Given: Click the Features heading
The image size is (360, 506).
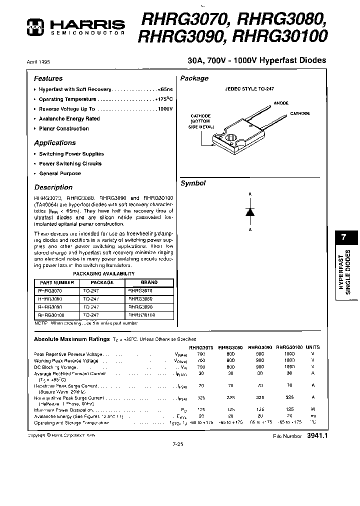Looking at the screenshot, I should [x=48, y=78].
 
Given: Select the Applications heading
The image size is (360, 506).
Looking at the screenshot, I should [x=54, y=143].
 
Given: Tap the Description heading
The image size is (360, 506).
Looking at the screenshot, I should [x=53, y=187].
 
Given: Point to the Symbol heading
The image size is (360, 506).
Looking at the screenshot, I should [x=193, y=183].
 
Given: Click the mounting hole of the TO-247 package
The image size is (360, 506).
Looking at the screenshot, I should [x=232, y=136].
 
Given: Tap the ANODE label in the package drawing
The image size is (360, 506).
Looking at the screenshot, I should [x=281, y=103].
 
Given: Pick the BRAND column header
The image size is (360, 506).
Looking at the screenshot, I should [x=149, y=282].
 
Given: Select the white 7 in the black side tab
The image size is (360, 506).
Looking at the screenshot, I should [x=343, y=238].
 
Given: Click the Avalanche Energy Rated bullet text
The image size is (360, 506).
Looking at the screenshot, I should [x=69, y=119].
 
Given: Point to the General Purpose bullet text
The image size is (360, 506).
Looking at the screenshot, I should [x=59, y=173].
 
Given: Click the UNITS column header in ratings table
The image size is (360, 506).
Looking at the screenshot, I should [x=313, y=347].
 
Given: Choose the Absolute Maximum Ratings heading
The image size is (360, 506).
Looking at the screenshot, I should [x=71, y=339].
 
